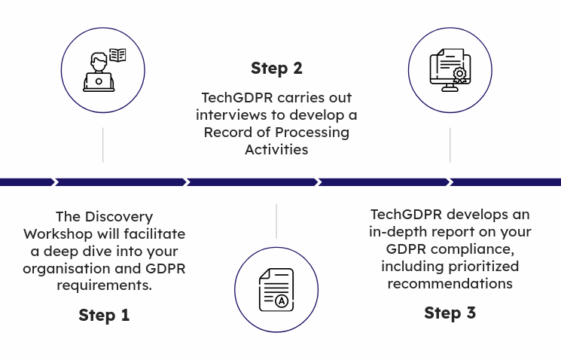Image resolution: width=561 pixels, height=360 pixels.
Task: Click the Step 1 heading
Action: tap(104, 315)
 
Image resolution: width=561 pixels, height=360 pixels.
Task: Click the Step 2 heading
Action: tap(276, 69)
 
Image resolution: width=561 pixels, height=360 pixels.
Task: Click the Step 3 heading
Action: tap(450, 313)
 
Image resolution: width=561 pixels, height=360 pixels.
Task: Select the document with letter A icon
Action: tap(276, 289)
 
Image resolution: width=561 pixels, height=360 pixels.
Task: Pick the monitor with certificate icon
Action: tap(450, 70)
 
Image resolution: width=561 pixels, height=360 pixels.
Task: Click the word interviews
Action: tap(231, 115)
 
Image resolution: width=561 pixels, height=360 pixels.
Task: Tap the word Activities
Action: tap(276, 149)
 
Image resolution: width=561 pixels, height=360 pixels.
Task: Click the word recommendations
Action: tap(450, 284)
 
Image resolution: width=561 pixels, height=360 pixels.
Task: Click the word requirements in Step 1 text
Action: tap(104, 286)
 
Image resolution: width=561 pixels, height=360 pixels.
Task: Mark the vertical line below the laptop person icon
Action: tap(103, 145)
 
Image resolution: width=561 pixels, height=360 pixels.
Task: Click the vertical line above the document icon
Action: tap(276, 221)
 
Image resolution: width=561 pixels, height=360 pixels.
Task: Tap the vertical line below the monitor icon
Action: tap(450, 145)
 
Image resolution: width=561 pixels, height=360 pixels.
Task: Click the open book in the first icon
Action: tap(117, 55)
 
